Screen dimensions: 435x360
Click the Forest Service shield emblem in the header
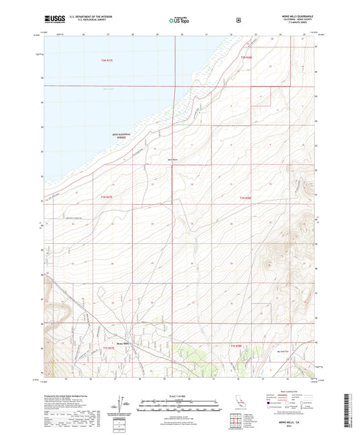click(x=238, y=20)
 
